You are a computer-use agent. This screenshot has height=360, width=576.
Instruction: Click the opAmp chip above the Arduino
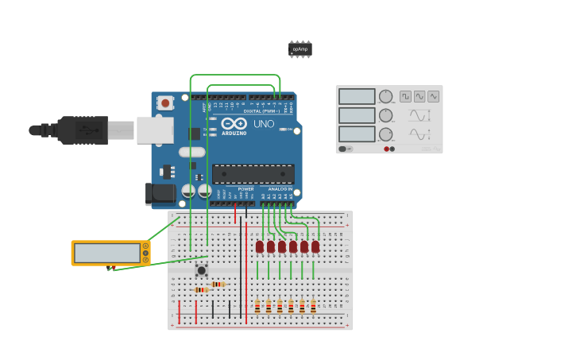(300, 49)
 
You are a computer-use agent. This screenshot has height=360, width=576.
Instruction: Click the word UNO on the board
(263, 124)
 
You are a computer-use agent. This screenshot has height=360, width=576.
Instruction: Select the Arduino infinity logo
(234, 123)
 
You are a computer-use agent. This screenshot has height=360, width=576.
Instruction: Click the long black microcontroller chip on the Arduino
(253, 173)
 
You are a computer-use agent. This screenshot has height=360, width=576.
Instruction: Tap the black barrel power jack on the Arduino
(160, 193)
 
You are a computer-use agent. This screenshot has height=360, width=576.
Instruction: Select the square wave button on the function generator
(405, 96)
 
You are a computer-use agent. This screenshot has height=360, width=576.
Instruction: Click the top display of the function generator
(357, 96)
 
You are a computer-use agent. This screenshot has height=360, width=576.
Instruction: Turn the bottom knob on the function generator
(386, 134)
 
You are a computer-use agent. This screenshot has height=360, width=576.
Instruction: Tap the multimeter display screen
(106, 253)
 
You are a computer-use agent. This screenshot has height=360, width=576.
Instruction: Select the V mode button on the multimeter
(145, 254)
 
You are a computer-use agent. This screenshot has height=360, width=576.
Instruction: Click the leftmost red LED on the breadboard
(260, 247)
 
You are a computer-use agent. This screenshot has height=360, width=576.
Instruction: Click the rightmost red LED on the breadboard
(315, 247)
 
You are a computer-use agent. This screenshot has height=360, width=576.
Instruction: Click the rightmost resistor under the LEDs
(313, 306)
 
